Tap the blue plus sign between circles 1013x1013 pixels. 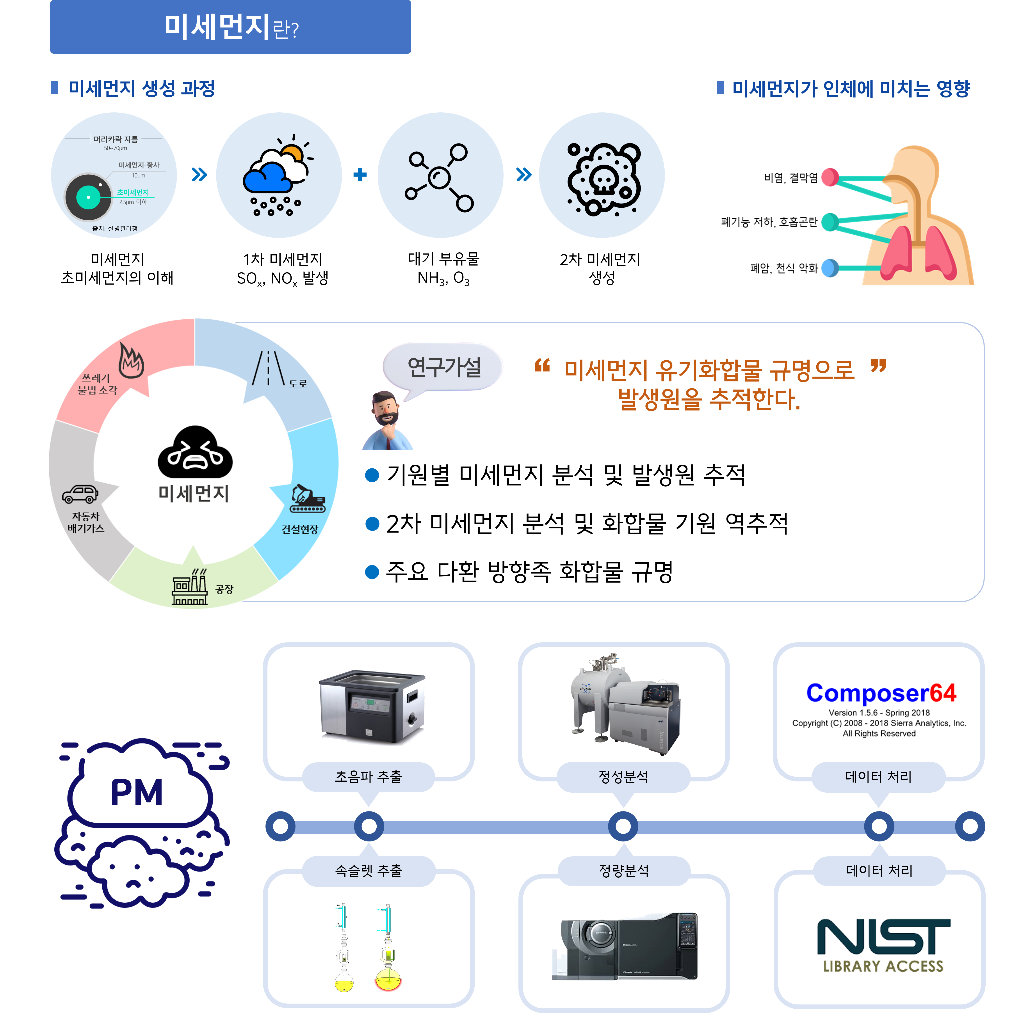tap(360, 175)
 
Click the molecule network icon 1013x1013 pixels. tap(440, 177)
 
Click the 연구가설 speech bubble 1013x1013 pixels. tap(443, 367)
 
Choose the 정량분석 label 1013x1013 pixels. tap(624, 871)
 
